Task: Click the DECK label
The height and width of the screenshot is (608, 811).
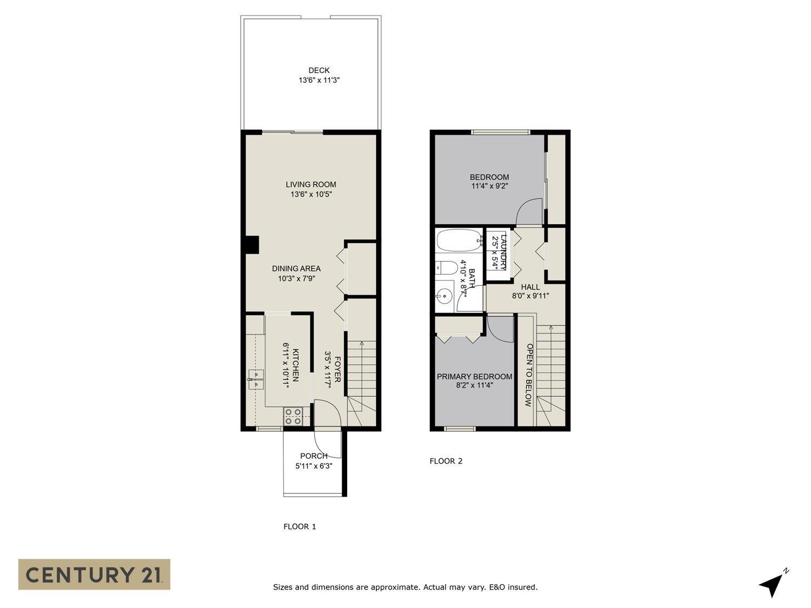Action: (319, 70)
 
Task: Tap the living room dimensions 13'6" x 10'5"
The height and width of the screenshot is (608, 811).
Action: (311, 194)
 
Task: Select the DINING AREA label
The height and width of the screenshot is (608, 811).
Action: (296, 269)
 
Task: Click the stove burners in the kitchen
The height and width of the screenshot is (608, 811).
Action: (294, 416)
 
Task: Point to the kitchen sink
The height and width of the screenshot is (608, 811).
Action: (255, 379)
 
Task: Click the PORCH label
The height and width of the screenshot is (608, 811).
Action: (314, 456)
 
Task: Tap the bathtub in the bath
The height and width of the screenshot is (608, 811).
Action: (458, 240)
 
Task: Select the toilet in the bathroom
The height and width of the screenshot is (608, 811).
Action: (446, 268)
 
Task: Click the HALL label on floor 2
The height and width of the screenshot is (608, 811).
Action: (530, 287)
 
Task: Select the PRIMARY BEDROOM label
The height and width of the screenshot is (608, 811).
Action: (474, 377)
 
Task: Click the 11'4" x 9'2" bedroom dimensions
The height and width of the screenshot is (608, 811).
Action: (489, 186)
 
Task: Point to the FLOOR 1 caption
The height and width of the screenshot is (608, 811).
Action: (300, 526)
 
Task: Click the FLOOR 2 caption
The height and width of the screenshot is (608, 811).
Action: (446, 461)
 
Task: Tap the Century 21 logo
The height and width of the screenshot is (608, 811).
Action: (94, 574)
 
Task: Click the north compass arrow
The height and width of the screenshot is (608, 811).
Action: (772, 584)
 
